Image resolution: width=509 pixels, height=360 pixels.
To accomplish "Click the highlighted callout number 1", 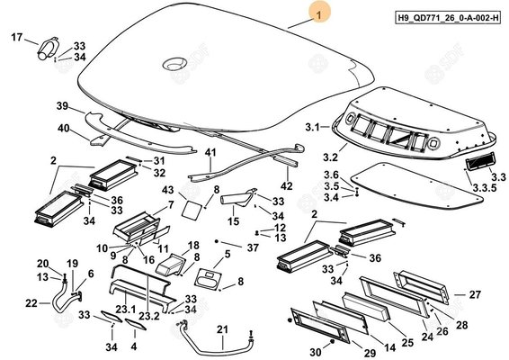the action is pyautogui.click(x=319, y=14).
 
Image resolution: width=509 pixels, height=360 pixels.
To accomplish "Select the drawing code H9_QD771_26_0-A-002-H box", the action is pyautogui.click(x=448, y=17).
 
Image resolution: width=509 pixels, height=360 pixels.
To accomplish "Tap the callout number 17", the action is pyautogui.click(x=16, y=37).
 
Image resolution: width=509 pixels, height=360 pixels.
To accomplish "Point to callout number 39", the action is pyautogui.click(x=62, y=106).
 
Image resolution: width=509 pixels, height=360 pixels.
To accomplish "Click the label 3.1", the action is pyautogui.click(x=313, y=127).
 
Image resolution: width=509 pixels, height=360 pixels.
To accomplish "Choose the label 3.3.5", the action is pyautogui.click(x=485, y=188).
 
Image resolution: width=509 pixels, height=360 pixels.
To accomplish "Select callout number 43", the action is pyautogui.click(x=168, y=190).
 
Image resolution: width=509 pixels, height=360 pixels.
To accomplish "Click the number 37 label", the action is pyautogui.click(x=253, y=247).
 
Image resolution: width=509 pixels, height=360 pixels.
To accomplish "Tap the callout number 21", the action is pyautogui.click(x=222, y=329).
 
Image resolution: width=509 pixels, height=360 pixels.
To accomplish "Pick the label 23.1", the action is pyautogui.click(x=126, y=309).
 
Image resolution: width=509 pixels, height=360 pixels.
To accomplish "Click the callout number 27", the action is pyautogui.click(x=475, y=294).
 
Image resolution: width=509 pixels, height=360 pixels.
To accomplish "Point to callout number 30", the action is pyautogui.click(x=316, y=352).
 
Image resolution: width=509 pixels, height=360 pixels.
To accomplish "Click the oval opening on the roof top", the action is pyautogui.click(x=175, y=64).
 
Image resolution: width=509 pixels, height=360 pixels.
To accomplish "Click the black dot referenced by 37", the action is pyautogui.click(x=216, y=241).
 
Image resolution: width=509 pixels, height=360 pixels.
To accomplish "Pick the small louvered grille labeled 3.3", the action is pyautogui.click(x=480, y=161).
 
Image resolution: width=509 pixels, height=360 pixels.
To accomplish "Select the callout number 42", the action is pyautogui.click(x=286, y=186).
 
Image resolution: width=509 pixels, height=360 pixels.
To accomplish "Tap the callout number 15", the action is pyautogui.click(x=233, y=221).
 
